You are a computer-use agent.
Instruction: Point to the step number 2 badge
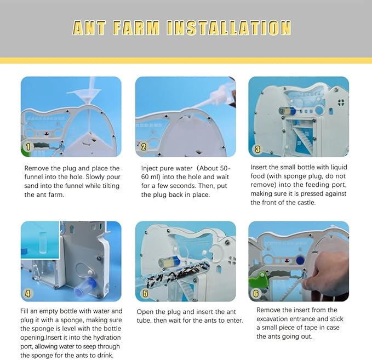144,147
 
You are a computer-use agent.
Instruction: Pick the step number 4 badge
28,294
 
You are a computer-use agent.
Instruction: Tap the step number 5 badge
145,293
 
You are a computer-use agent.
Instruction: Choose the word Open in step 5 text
146,312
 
